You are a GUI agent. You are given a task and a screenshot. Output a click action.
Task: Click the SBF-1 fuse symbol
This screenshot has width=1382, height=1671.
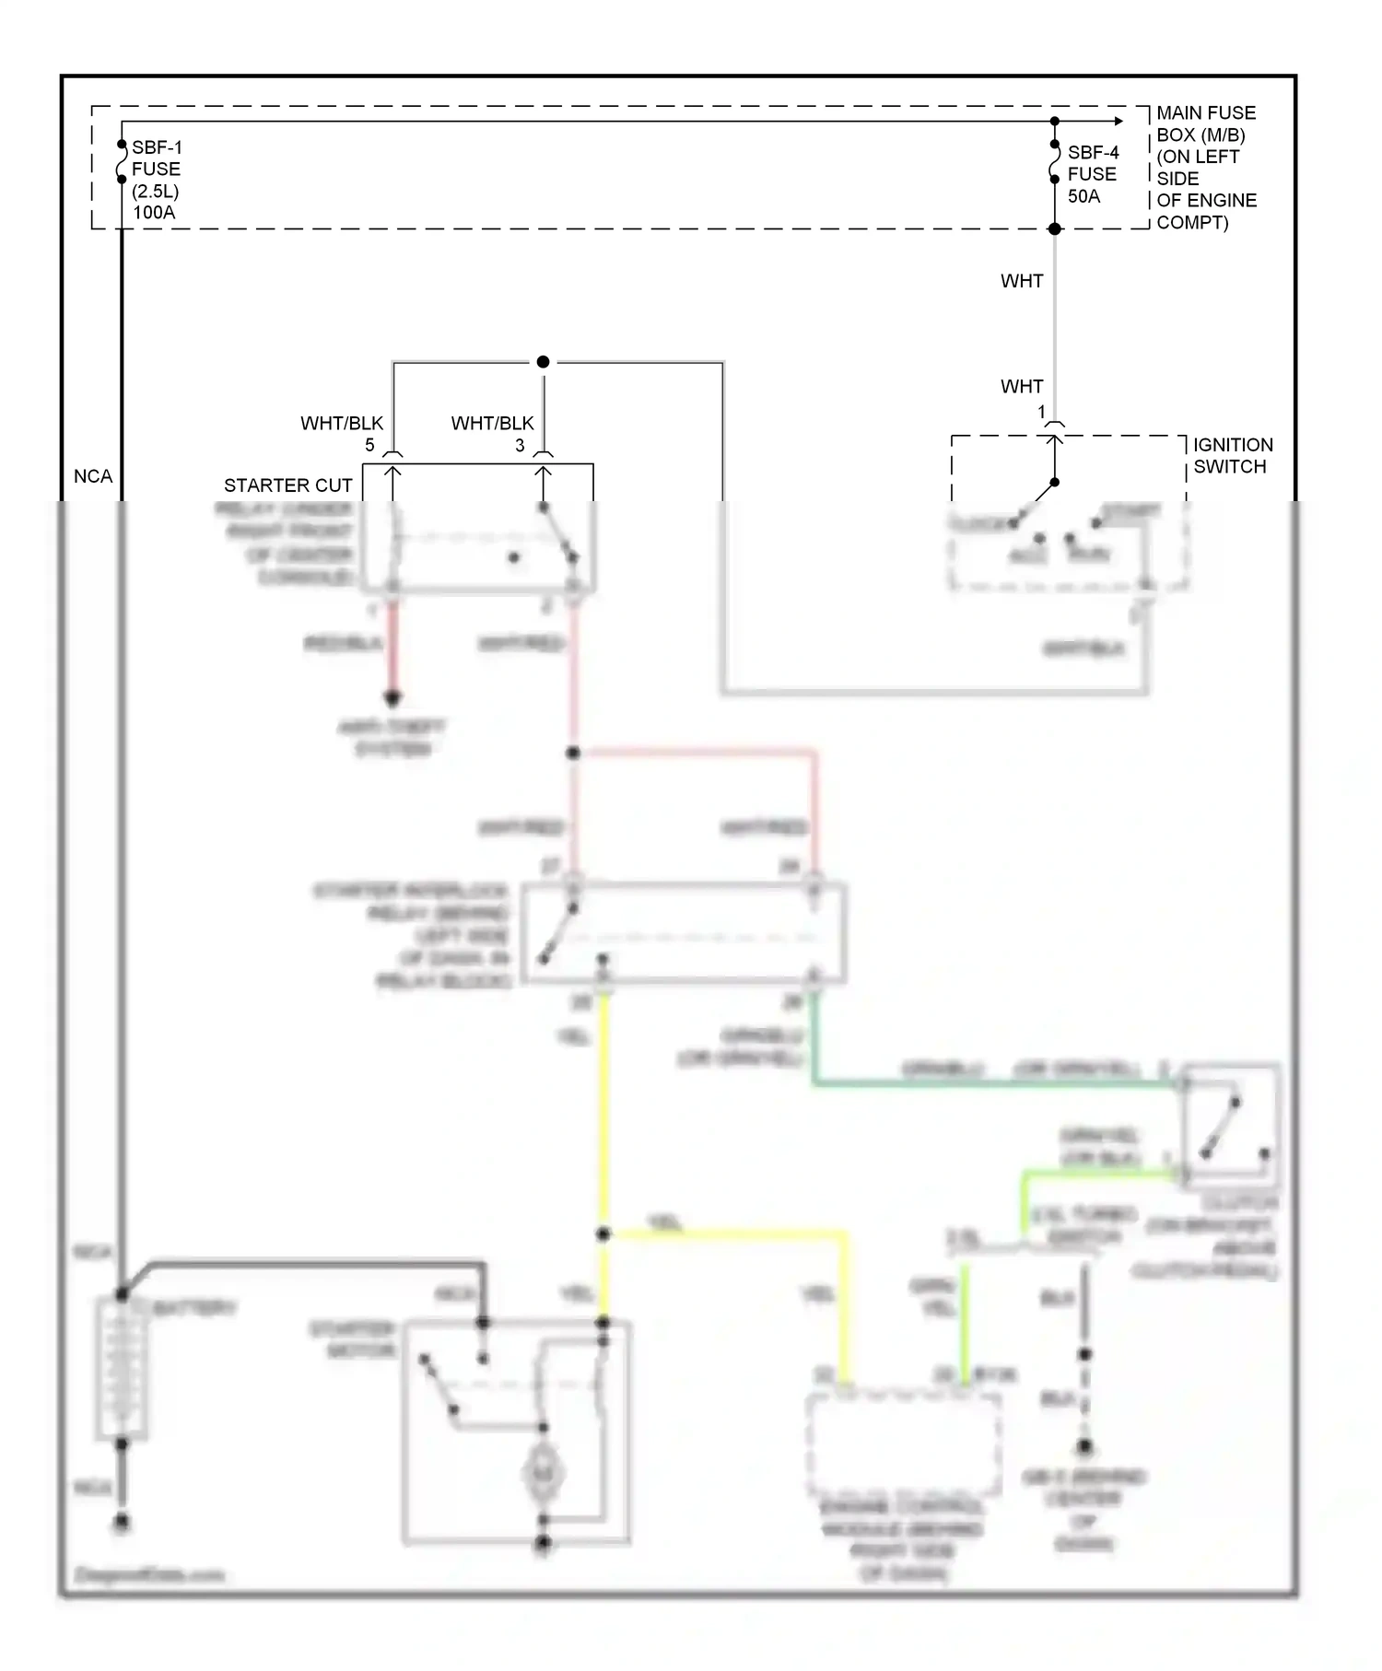(122, 162)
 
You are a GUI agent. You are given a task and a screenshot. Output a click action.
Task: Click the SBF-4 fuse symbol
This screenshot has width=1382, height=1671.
(1055, 162)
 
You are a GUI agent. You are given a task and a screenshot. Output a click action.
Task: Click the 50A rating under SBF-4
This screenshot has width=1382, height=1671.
(1083, 196)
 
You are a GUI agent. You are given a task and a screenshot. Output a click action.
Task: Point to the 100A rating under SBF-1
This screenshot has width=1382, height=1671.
(153, 213)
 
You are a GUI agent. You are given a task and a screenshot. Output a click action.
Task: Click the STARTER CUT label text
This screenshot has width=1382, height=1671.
(287, 485)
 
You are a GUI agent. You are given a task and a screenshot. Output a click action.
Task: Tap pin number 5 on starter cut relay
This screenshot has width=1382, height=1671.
(369, 446)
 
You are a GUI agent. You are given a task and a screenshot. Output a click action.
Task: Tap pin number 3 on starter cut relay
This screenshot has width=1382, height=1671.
(520, 446)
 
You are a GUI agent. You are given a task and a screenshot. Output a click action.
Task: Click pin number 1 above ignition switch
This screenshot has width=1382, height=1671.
(1042, 412)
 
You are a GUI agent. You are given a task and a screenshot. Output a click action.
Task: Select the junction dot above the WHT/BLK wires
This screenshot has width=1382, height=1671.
(544, 362)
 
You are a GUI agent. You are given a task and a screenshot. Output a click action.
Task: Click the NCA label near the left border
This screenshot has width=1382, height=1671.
(93, 476)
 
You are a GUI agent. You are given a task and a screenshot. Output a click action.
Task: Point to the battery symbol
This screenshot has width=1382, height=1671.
(122, 1367)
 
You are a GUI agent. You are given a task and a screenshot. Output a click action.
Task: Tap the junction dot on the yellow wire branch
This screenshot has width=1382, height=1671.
(603, 1233)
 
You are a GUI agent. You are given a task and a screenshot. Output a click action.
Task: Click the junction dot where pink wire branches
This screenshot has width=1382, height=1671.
(573, 753)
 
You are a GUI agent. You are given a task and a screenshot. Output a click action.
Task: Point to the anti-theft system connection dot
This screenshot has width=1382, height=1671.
(392, 697)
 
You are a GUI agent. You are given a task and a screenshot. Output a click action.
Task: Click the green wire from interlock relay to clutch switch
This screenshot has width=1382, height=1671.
(995, 1084)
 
